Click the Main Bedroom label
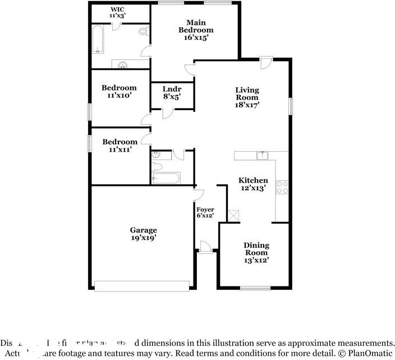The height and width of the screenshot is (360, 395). pos(196,30)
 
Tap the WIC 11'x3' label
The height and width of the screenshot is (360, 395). pos(118,13)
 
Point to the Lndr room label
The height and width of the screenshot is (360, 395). pos(172,93)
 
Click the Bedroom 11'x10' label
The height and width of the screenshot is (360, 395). pos(118,92)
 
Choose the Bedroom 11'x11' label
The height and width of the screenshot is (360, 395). pos(118,146)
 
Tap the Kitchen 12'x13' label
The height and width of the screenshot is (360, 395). pos(253,184)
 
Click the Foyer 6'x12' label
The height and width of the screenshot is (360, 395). pos(205,212)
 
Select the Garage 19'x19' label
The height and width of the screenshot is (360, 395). pos(143,234)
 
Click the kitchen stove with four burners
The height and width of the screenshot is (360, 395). pos(282,187)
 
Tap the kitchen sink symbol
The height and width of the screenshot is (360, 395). pos(261,156)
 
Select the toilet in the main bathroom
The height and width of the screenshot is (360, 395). pos(143,31)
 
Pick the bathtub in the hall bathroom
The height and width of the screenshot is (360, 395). pos(166,178)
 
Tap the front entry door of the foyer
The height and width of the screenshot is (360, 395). pos(205,248)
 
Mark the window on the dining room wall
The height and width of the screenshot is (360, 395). pos(256,288)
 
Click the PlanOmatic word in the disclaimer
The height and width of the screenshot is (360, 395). pos(371,354)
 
